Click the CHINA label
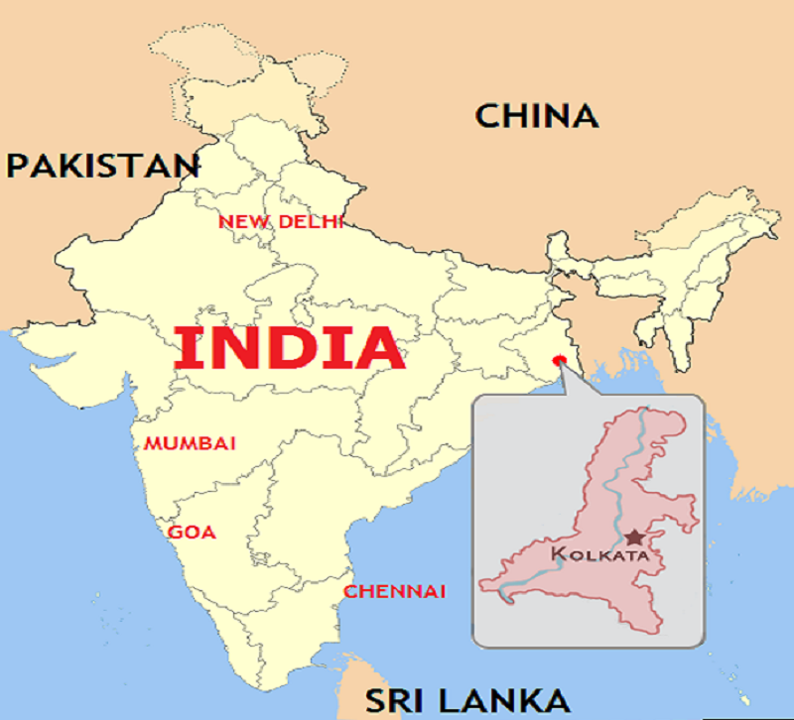[537, 116]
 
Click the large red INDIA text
[290, 349]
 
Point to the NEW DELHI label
[281, 221]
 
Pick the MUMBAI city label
[191, 442]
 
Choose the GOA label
[191, 533]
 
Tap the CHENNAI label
[394, 592]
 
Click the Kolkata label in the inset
[598, 553]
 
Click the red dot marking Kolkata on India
[558, 359]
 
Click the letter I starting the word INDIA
[185, 349]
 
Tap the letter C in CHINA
[487, 116]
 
